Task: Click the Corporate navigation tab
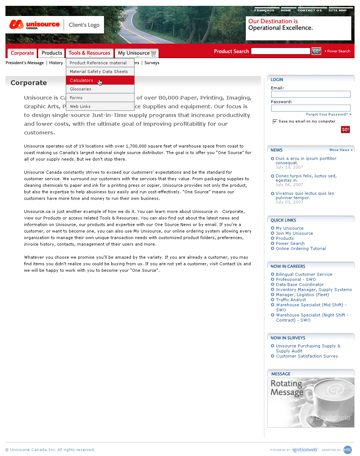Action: coord(22,53)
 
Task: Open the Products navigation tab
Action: coord(52,53)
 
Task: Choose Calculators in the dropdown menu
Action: coord(81,80)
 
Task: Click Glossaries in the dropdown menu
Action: coord(81,89)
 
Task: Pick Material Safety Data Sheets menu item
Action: coord(99,72)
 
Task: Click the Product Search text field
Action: coord(281,51)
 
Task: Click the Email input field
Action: coord(311,94)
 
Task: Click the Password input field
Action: coord(311,108)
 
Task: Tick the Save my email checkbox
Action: coord(275,121)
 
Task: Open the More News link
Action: coord(341,150)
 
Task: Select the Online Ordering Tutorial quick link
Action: coord(301,249)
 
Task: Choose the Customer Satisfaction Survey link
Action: coord(307,356)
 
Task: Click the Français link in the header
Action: coord(264,10)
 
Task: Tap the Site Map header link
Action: coord(337,10)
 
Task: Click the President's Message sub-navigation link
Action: coord(24,63)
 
